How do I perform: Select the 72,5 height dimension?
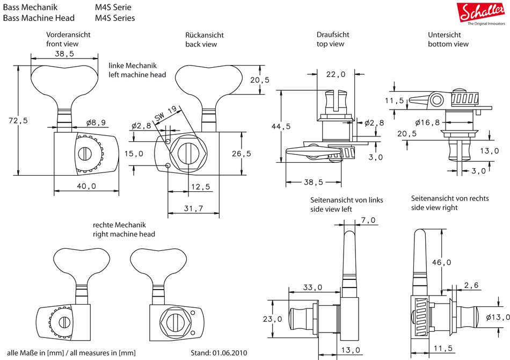tap(19, 121)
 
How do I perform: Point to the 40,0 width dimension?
tap(86, 186)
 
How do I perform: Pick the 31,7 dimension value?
tap(193, 208)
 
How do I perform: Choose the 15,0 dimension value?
tap(134, 154)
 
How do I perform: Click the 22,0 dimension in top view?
tap(336, 75)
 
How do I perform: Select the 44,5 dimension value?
tap(281, 126)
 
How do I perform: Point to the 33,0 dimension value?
tap(312, 287)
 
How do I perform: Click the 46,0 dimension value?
tap(442, 262)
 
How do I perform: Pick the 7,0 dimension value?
tap(368, 220)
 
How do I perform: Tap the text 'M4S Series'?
tap(115, 18)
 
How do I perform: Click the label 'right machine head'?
tap(124, 234)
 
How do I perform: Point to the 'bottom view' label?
tap(448, 44)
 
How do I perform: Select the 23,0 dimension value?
tap(273, 319)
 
